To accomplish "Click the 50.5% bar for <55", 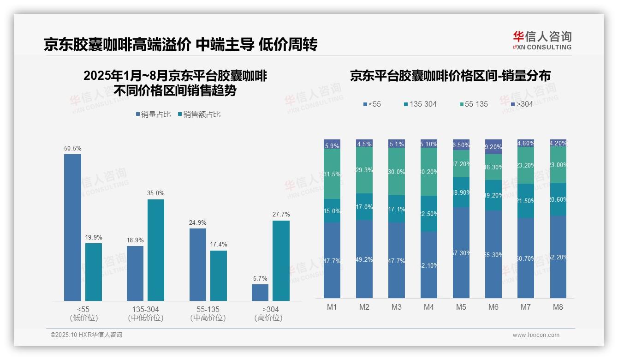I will coord(72,227).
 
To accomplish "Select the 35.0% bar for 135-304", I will coord(156,250).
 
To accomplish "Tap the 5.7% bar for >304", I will coord(260,292).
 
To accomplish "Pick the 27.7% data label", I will coord(281,214).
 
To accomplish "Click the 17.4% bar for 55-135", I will coord(219,276).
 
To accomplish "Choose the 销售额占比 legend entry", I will coord(199,114).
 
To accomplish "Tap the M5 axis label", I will coord(461,307).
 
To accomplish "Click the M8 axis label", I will coord(558,307).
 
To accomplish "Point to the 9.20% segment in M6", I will coord(493,147).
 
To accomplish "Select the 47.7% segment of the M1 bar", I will coord(332,260).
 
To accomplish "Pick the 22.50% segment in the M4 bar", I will coord(429,213).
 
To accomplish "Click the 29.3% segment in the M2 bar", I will coord(364,170).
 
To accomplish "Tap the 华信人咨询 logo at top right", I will coord(542,40).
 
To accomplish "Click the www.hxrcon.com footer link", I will coord(536,335).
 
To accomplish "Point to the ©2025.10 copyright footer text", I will coord(86,335).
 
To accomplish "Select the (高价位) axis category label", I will coord(268,318).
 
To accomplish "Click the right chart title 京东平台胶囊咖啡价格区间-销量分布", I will coord(450,76).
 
